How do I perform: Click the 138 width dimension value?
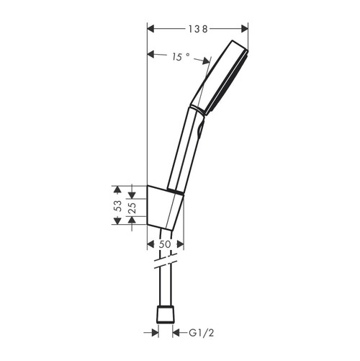(198, 29)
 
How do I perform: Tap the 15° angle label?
(181, 56)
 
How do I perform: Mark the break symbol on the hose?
(165, 260)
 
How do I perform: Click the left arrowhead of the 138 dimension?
(150, 29)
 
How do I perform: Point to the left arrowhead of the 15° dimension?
(150, 54)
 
